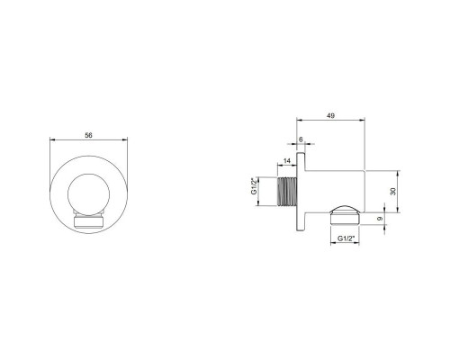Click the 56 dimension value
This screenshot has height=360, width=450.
[x=87, y=134]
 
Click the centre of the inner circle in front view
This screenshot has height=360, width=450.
[x=88, y=193]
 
